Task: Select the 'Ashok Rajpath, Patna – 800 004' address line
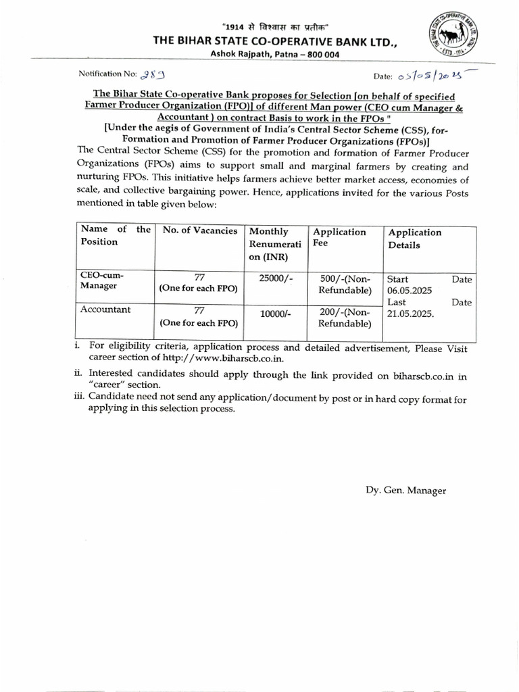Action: (x=247, y=54)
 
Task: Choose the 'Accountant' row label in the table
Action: (x=105, y=310)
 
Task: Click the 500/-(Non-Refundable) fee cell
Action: (x=345, y=285)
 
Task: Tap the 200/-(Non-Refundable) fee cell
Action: (x=345, y=317)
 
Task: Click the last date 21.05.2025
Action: (x=410, y=314)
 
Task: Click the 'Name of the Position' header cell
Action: (x=115, y=236)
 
